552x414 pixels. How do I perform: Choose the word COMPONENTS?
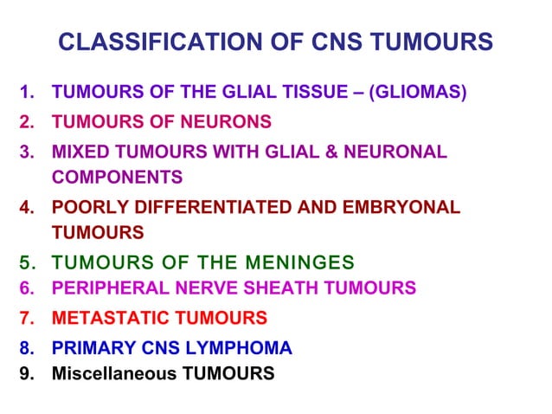(x=117, y=177)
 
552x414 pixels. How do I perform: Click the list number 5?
(x=26, y=262)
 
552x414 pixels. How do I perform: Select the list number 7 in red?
(x=26, y=318)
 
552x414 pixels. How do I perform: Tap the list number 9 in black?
(x=26, y=374)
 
